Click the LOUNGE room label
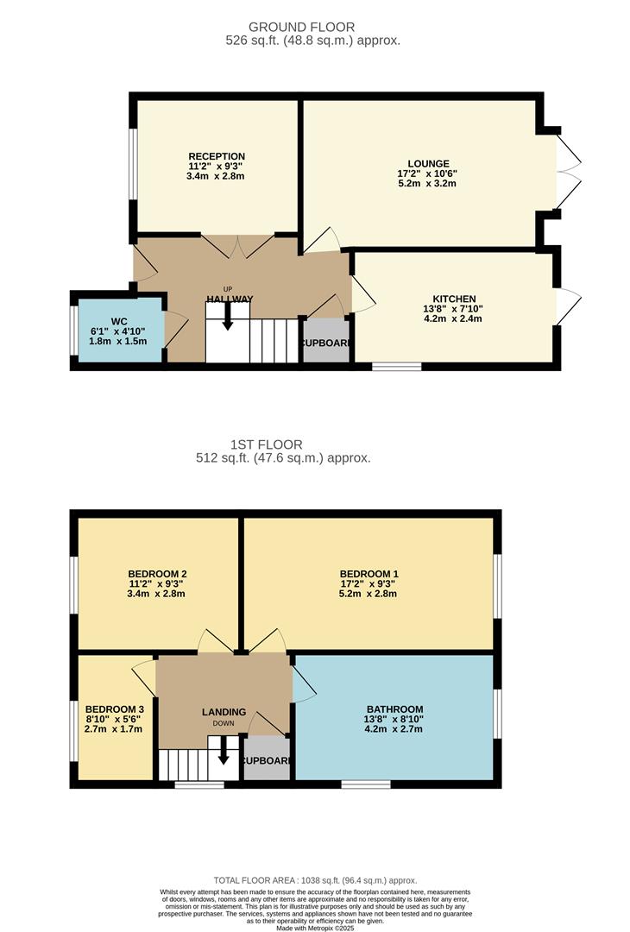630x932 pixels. [428, 163]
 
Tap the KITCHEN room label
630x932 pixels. [452, 299]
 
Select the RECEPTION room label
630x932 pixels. [216, 156]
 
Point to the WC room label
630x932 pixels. [118, 321]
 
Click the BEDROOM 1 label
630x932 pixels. [369, 574]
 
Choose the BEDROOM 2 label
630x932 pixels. [157, 574]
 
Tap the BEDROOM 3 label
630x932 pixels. [114, 709]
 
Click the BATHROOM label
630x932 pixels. [393, 709]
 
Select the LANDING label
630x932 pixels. [224, 712]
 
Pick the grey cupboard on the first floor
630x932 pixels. [267, 759]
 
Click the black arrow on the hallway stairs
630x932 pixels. [228, 319]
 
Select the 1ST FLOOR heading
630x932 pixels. [284, 444]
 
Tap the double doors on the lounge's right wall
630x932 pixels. [566, 172]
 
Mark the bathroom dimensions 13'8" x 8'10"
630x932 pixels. [394, 720]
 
